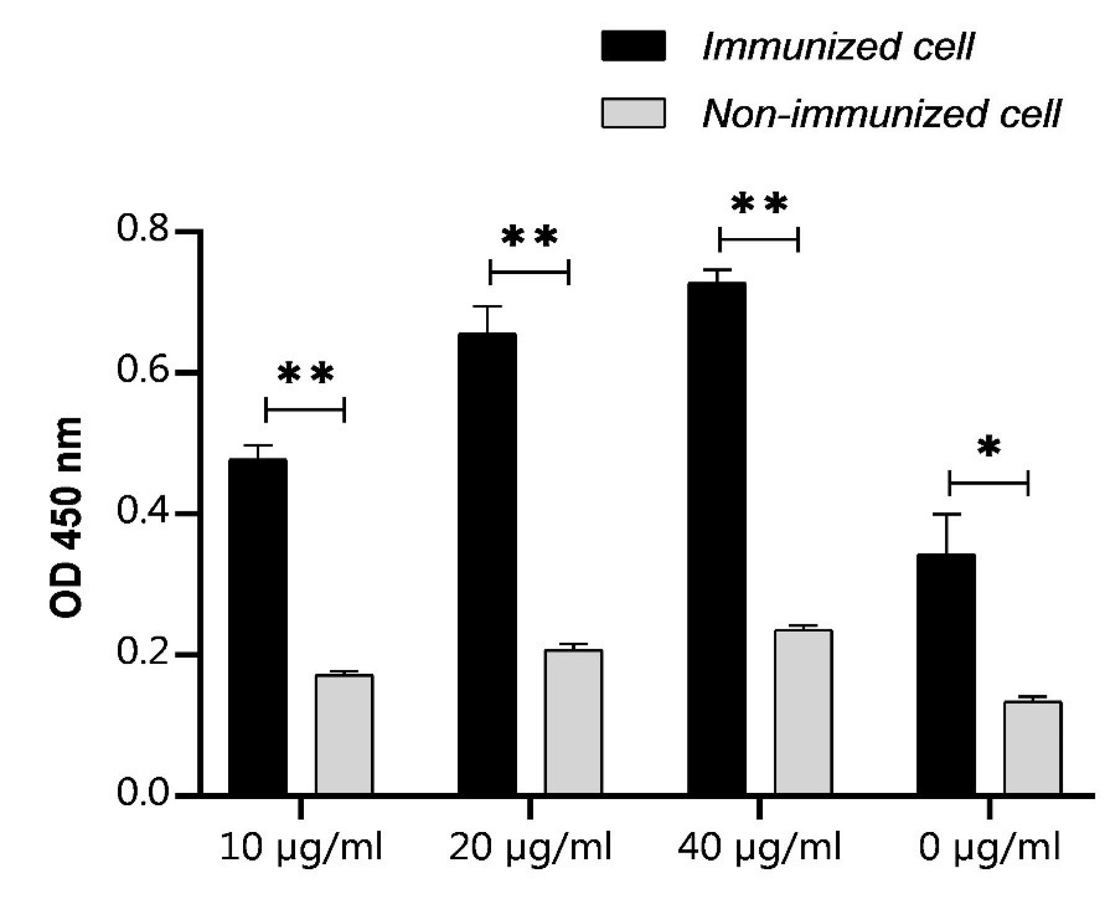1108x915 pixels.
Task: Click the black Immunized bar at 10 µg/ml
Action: (258, 626)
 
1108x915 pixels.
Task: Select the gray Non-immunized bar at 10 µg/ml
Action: (344, 734)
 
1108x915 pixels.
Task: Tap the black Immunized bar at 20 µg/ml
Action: (487, 564)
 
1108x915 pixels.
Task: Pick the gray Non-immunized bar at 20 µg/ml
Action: (574, 722)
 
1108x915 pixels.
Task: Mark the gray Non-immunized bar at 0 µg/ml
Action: (1033, 748)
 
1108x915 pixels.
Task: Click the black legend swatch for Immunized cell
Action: (633, 46)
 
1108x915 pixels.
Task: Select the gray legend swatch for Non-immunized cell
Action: (633, 113)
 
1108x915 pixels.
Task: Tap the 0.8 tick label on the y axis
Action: (143, 229)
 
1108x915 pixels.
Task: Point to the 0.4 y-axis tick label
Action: (143, 513)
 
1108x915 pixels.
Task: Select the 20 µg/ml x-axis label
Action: (530, 847)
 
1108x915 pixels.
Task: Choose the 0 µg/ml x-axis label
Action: (989, 847)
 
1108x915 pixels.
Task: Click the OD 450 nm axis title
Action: (66, 518)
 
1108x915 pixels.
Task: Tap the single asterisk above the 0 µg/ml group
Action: (989, 448)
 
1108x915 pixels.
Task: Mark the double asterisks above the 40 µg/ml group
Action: (760, 205)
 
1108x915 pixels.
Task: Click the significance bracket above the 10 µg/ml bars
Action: (304, 410)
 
